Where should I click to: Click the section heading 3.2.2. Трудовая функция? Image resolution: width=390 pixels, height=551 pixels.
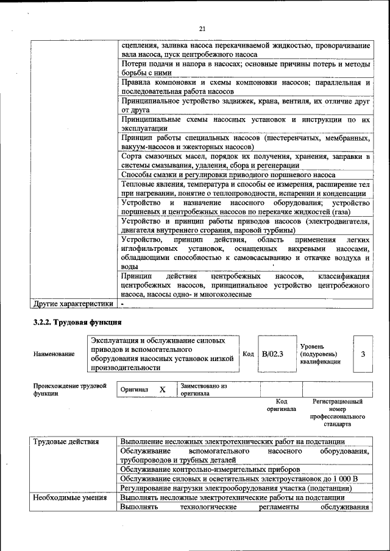coord(77,321)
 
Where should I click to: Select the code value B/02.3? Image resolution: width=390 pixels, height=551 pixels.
coord(272,354)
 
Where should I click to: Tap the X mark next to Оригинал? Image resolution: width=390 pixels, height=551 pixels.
coord(162,389)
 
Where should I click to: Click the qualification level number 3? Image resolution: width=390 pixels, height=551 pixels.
coord(363,354)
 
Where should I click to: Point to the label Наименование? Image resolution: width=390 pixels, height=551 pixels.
coord(55,354)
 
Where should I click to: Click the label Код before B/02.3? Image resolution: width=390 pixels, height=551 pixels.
coord(248,354)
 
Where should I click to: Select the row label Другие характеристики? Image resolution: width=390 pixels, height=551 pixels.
coord(73,303)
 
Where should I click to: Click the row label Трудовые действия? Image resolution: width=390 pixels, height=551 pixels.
coord(68,441)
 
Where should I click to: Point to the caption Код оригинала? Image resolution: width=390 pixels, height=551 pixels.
coord(281,405)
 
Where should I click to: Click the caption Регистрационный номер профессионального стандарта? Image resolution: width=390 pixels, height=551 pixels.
coord(337,413)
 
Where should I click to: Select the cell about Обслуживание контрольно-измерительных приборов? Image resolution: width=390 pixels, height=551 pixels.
coord(210,469)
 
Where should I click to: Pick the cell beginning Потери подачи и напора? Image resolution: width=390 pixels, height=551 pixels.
coord(245,68)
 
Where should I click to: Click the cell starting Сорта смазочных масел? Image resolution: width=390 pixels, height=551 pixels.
coord(245,161)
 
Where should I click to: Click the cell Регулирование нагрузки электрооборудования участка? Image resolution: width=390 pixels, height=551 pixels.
coord(236,488)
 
